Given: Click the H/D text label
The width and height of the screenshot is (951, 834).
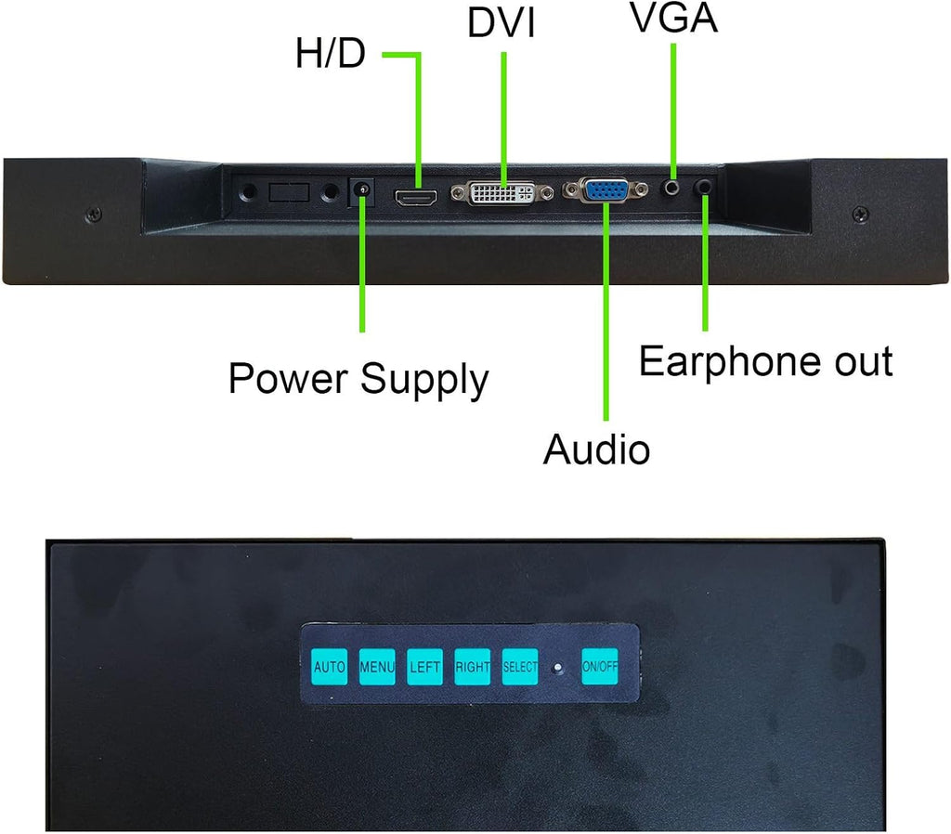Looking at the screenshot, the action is click(331, 52).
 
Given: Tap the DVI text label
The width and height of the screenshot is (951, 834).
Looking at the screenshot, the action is click(501, 23).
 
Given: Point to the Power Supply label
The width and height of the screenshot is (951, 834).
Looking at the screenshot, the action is click(358, 380).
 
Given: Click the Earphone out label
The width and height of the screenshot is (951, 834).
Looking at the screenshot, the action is click(766, 361).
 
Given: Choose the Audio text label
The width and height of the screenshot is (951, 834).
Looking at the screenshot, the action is click(596, 450).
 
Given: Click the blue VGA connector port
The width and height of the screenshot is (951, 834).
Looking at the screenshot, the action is click(605, 189).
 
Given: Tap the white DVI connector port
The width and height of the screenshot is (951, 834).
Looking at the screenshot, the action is click(502, 193).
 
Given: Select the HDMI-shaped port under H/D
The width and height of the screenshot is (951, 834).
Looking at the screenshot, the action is click(416, 197).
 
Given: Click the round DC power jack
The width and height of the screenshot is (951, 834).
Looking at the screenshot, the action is click(361, 191).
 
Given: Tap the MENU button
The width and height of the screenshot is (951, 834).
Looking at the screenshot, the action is click(377, 667).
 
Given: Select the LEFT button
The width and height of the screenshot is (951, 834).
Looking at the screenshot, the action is click(424, 667).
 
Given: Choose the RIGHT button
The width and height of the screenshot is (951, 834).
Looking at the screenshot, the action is click(473, 667).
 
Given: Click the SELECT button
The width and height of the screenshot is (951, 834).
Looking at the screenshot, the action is click(520, 667).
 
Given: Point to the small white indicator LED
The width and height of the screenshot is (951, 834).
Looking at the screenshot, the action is click(558, 668).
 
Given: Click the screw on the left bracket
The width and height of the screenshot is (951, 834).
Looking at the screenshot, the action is click(94, 215).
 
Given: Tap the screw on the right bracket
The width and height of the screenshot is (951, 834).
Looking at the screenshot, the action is click(861, 214).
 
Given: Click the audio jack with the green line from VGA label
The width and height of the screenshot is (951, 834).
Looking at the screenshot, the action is click(671, 188).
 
